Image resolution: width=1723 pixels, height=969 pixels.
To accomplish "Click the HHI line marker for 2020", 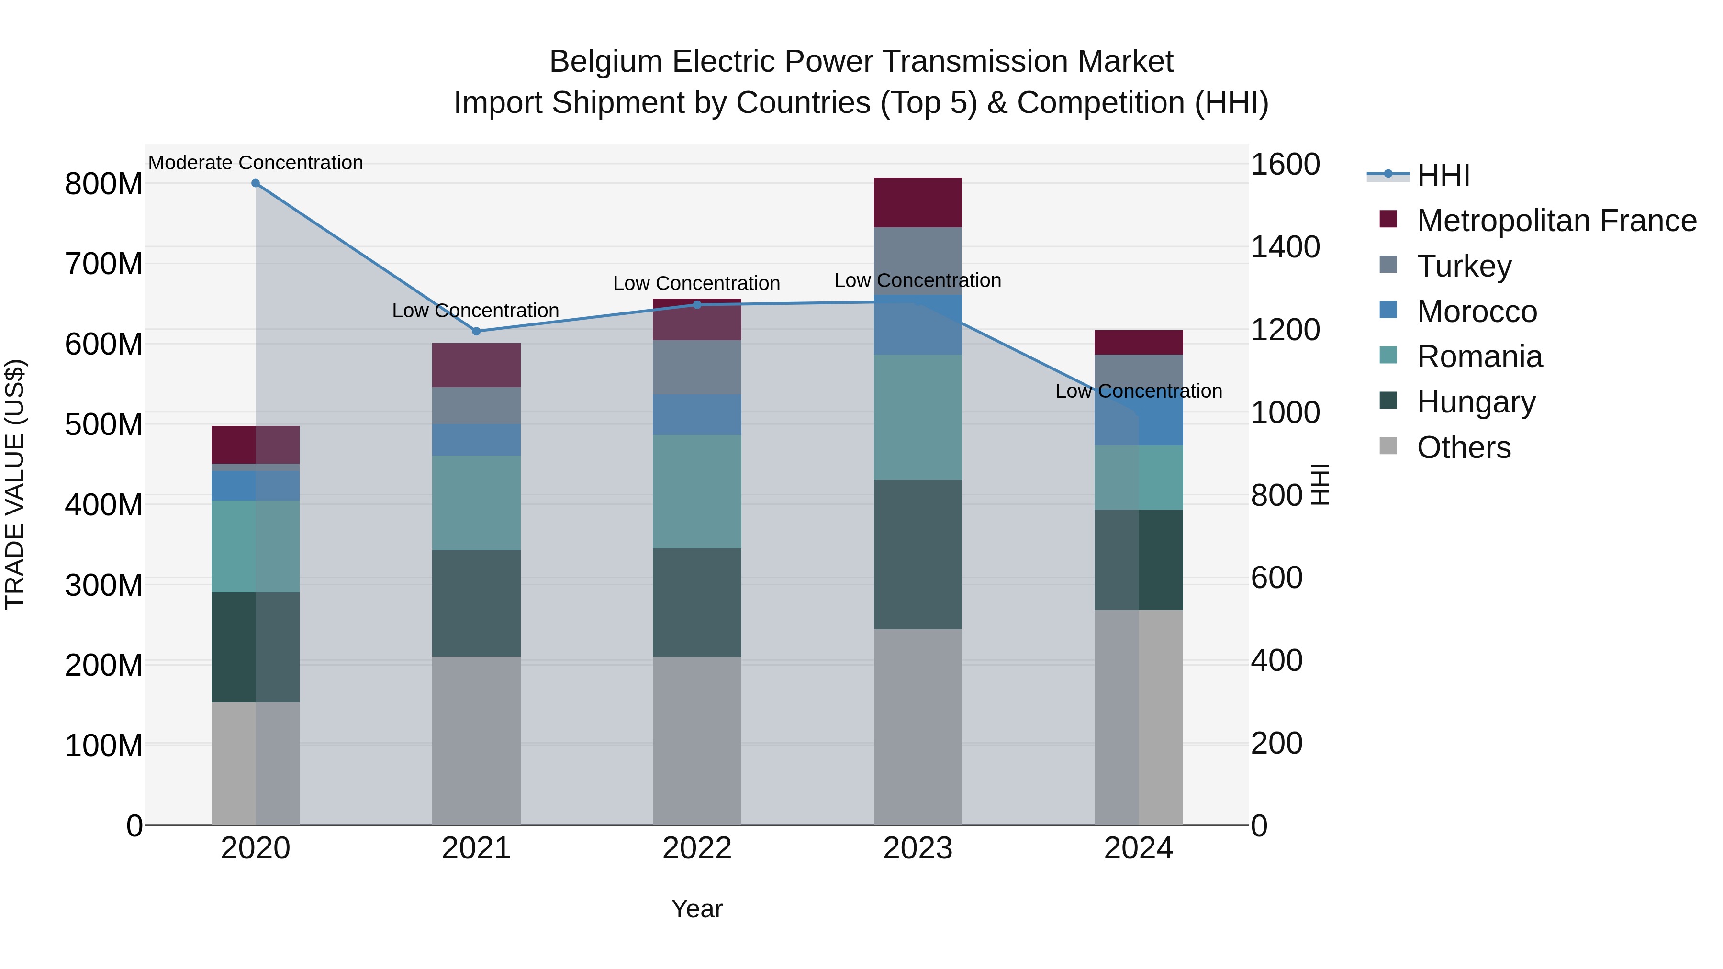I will pyautogui.click(x=256, y=183).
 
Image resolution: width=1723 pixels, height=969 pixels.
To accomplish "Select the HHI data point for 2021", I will pyautogui.click(x=476, y=331).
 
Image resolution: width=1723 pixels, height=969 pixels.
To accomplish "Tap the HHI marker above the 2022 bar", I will pyautogui.click(x=697, y=305).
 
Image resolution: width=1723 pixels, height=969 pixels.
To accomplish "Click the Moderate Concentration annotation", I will pyautogui.click(x=256, y=163).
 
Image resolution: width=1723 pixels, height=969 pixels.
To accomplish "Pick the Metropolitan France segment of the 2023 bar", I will pyautogui.click(x=917, y=202).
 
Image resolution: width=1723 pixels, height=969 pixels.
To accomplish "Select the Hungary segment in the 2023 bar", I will pyautogui.click(x=917, y=555).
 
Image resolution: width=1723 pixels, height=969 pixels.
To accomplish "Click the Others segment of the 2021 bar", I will pyautogui.click(x=476, y=740).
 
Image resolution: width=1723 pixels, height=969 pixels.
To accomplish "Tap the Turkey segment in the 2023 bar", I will pyautogui.click(x=917, y=261).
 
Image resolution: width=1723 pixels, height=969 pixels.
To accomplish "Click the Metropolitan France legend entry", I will pyautogui.click(x=1556, y=221).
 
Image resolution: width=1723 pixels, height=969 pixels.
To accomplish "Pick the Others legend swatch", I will pyautogui.click(x=1388, y=447).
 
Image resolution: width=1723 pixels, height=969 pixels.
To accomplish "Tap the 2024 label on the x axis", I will pyautogui.click(x=1139, y=848).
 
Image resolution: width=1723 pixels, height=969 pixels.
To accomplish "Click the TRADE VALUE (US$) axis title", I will pyautogui.click(x=15, y=484).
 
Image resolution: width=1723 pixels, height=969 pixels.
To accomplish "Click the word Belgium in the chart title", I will pyautogui.click(x=606, y=62).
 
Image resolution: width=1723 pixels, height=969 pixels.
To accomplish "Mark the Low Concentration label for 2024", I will pyautogui.click(x=1139, y=391).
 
